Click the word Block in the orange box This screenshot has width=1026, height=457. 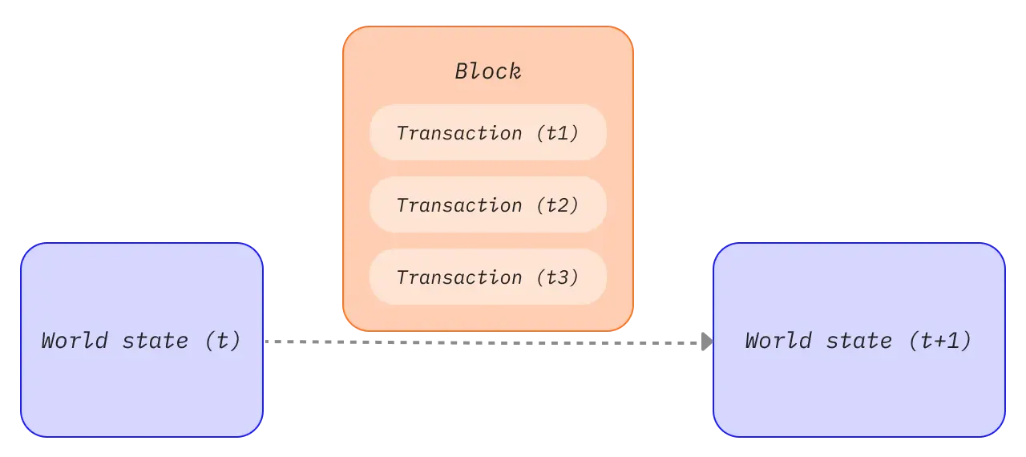(488, 71)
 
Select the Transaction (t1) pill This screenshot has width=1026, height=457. (488, 132)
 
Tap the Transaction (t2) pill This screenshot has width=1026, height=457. (488, 204)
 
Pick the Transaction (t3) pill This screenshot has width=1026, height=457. (488, 277)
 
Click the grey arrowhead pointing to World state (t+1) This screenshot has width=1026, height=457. (707, 342)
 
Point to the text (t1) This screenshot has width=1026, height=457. (557, 133)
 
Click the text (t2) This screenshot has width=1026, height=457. (557, 205)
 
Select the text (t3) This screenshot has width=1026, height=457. (557, 277)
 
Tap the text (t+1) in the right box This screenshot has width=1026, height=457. (940, 342)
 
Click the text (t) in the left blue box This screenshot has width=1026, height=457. (223, 342)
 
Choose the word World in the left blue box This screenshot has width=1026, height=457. (75, 342)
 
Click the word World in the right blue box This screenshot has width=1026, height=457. (778, 342)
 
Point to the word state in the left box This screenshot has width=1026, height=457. (156, 342)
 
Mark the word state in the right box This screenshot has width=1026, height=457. (859, 342)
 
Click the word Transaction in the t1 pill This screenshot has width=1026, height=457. (459, 133)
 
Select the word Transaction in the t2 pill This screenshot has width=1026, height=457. (459, 205)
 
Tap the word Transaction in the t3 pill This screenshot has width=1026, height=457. (459, 277)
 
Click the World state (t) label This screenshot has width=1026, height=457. (141, 342)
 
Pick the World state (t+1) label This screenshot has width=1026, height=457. (858, 342)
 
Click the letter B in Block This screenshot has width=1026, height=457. (463, 71)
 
